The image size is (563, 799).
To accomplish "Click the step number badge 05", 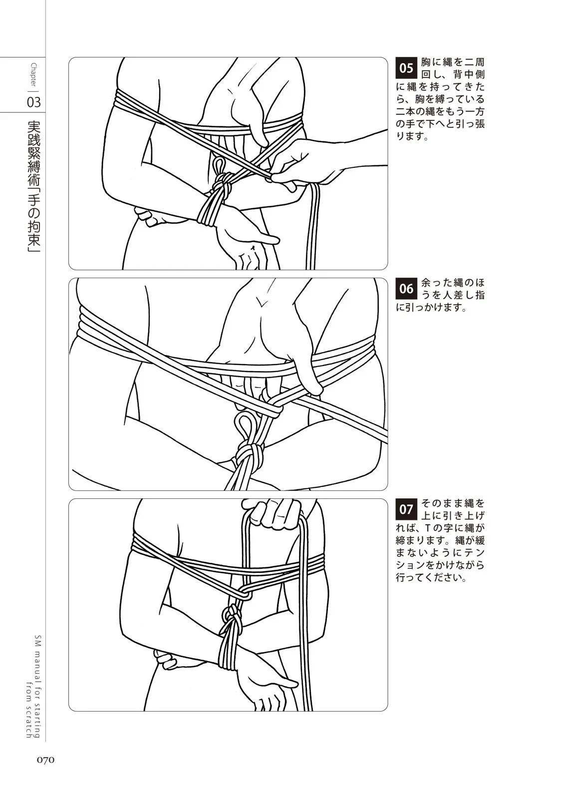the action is [406, 68].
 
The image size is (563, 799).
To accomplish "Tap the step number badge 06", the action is [406, 288].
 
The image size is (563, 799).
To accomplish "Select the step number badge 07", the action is [406, 509].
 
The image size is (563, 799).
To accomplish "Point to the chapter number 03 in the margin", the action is [34, 102].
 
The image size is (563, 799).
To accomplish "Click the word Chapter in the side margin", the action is [34, 75].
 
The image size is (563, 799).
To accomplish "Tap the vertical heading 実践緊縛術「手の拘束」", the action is [34, 187].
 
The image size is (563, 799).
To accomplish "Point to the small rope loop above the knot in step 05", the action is [218, 165].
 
